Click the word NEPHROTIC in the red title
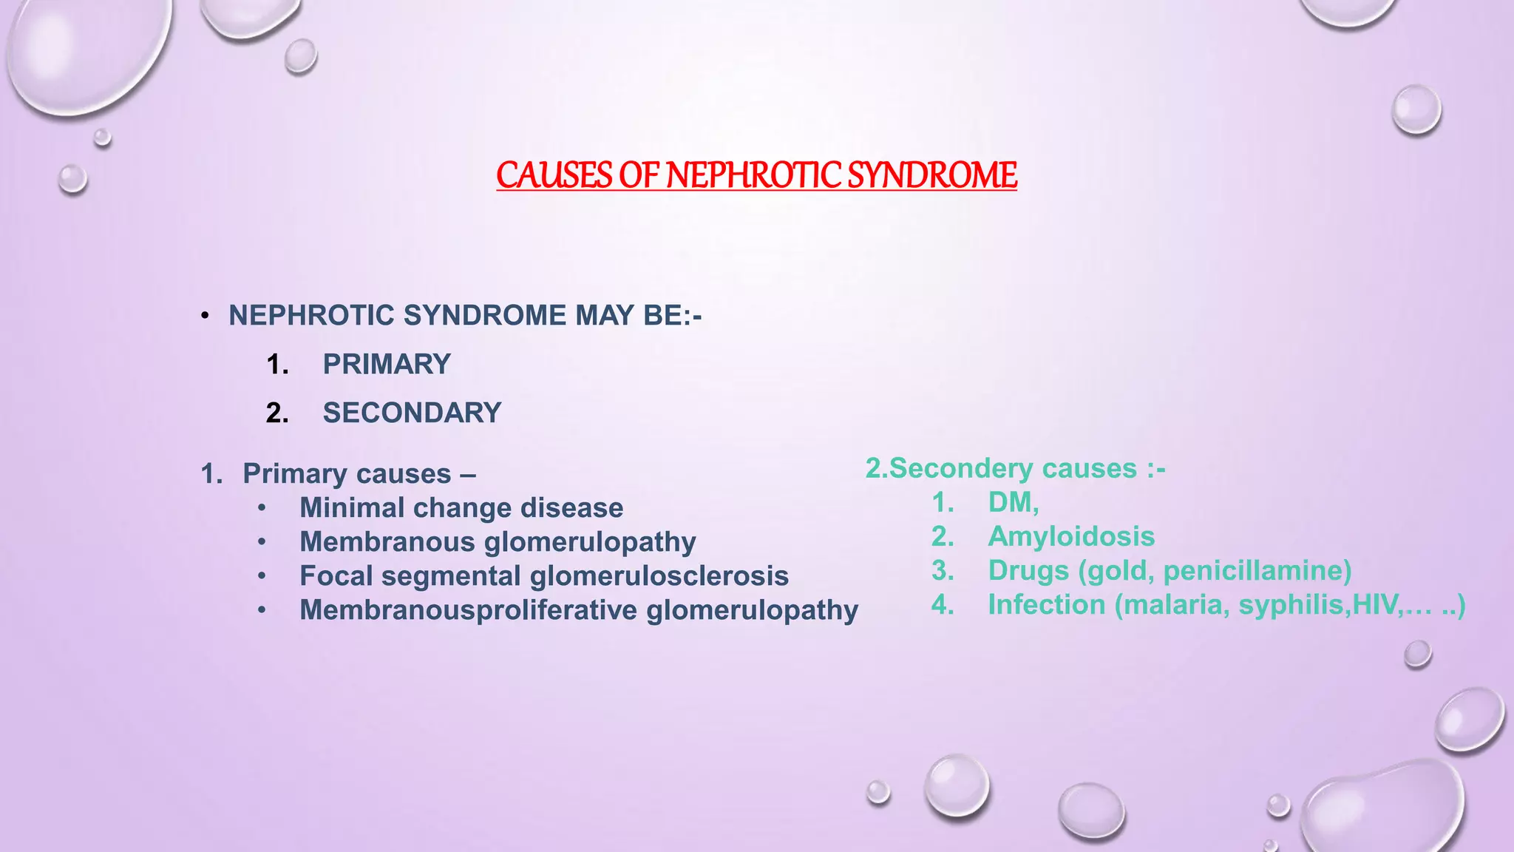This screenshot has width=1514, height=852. coord(754,176)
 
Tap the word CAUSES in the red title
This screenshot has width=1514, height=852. coord(554,176)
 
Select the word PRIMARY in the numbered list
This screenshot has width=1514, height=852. coord(387,365)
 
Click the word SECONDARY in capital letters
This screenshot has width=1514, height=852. coord(412,413)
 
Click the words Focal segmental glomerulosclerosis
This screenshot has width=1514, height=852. coord(543,576)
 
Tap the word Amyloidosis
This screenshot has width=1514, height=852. coord(1071,537)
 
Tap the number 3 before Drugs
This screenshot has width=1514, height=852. coord(942,571)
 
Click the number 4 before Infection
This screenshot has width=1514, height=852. coord(942,605)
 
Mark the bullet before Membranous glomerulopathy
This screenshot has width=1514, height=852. coord(262,542)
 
